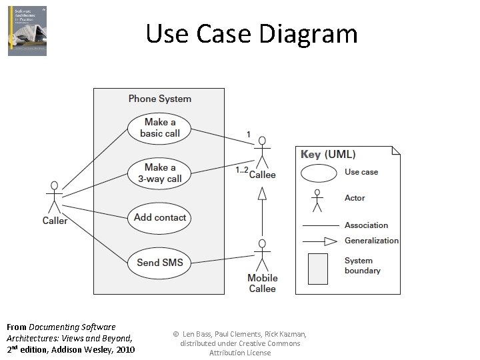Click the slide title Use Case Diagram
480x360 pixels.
coord(251,33)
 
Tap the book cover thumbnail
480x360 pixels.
coord(27,31)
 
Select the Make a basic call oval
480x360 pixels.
coord(160,127)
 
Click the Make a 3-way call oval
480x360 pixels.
coord(160,173)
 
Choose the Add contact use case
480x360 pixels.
coord(160,217)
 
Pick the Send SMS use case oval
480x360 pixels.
coord(160,262)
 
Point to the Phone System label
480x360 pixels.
coord(160,99)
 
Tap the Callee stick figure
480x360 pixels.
coord(262,152)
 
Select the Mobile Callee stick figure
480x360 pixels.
coord(262,255)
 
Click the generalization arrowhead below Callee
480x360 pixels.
coord(262,193)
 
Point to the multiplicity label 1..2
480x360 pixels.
coord(241,170)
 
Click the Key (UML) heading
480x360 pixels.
coord(328,154)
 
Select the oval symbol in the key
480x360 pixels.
coord(319,173)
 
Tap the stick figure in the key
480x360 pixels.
coord(318,199)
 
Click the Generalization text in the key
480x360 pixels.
coord(371,241)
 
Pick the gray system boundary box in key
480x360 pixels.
coord(318,267)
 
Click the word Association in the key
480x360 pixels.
coord(366,225)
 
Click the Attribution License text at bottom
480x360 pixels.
coord(240,353)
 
